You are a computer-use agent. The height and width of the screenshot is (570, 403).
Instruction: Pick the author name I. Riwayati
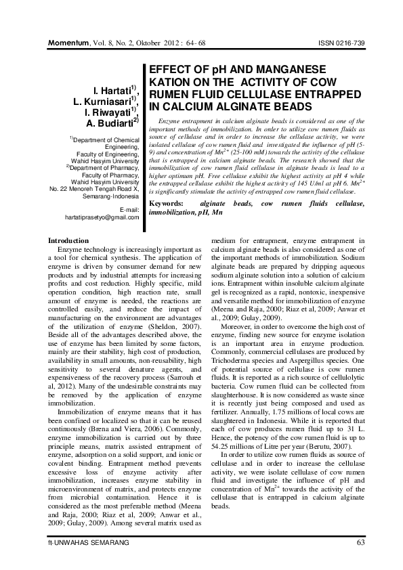(112, 112)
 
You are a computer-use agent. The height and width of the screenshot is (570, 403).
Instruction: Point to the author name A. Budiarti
(110, 123)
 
